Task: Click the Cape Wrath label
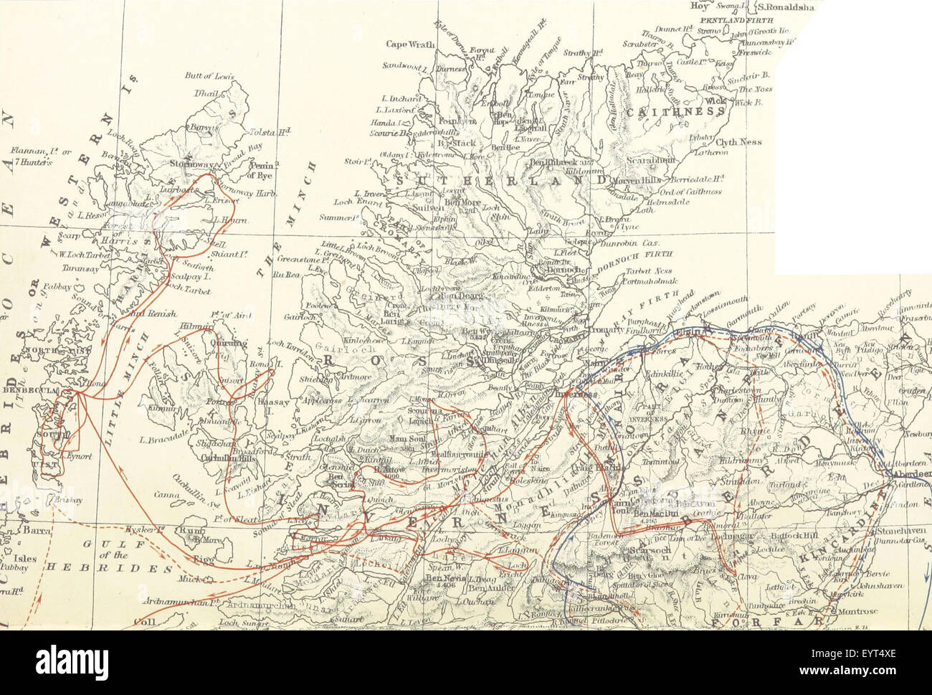click(406, 44)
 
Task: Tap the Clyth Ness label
click(739, 142)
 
